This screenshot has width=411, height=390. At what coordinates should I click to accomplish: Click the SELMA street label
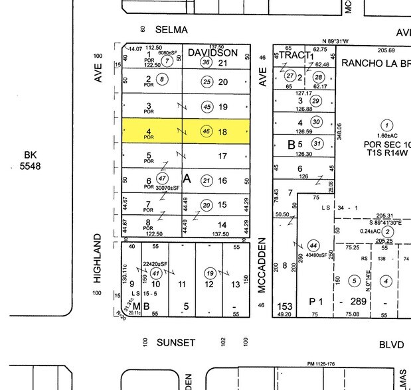click(172, 30)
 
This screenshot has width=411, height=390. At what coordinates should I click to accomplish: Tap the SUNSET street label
click(176, 343)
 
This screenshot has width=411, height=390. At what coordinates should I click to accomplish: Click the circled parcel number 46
click(207, 131)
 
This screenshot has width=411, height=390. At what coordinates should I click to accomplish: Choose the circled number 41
click(156, 273)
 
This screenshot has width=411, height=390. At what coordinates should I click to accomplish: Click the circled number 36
click(206, 62)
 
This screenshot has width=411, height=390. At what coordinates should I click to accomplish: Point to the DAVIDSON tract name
click(212, 52)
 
